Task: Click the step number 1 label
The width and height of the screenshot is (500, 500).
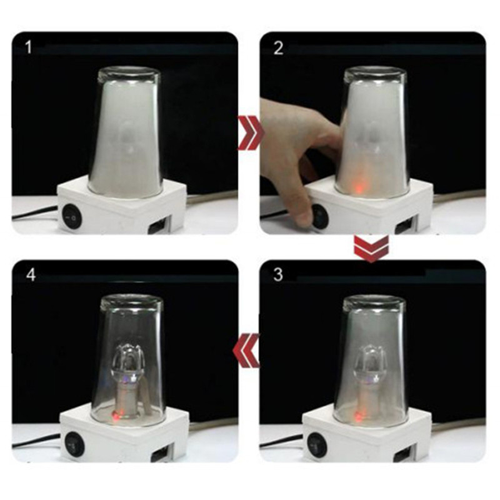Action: point(28,47)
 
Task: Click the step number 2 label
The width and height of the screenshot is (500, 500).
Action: point(278,48)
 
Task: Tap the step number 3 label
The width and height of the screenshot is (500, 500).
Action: point(278,274)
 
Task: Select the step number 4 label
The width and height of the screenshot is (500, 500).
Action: point(31,274)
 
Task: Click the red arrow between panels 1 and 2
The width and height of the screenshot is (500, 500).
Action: point(251,132)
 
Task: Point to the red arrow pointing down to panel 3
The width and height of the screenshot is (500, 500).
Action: point(371,248)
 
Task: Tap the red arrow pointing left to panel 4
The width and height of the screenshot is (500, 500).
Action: point(246,351)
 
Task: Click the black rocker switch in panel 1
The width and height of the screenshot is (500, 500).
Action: point(71,217)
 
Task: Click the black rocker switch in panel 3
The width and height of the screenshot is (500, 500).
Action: point(317,443)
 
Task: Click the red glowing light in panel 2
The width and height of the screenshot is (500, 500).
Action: point(357,188)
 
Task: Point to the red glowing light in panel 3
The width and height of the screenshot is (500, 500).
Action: point(359,416)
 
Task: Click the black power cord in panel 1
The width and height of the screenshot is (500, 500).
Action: point(35,212)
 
